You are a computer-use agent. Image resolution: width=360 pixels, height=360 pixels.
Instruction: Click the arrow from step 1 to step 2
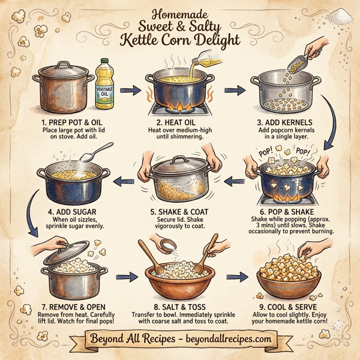coord(126,91)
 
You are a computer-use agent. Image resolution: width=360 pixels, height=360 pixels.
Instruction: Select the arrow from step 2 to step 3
coord(234,91)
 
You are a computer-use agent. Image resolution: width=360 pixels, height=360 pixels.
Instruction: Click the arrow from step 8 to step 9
coord(239,278)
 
